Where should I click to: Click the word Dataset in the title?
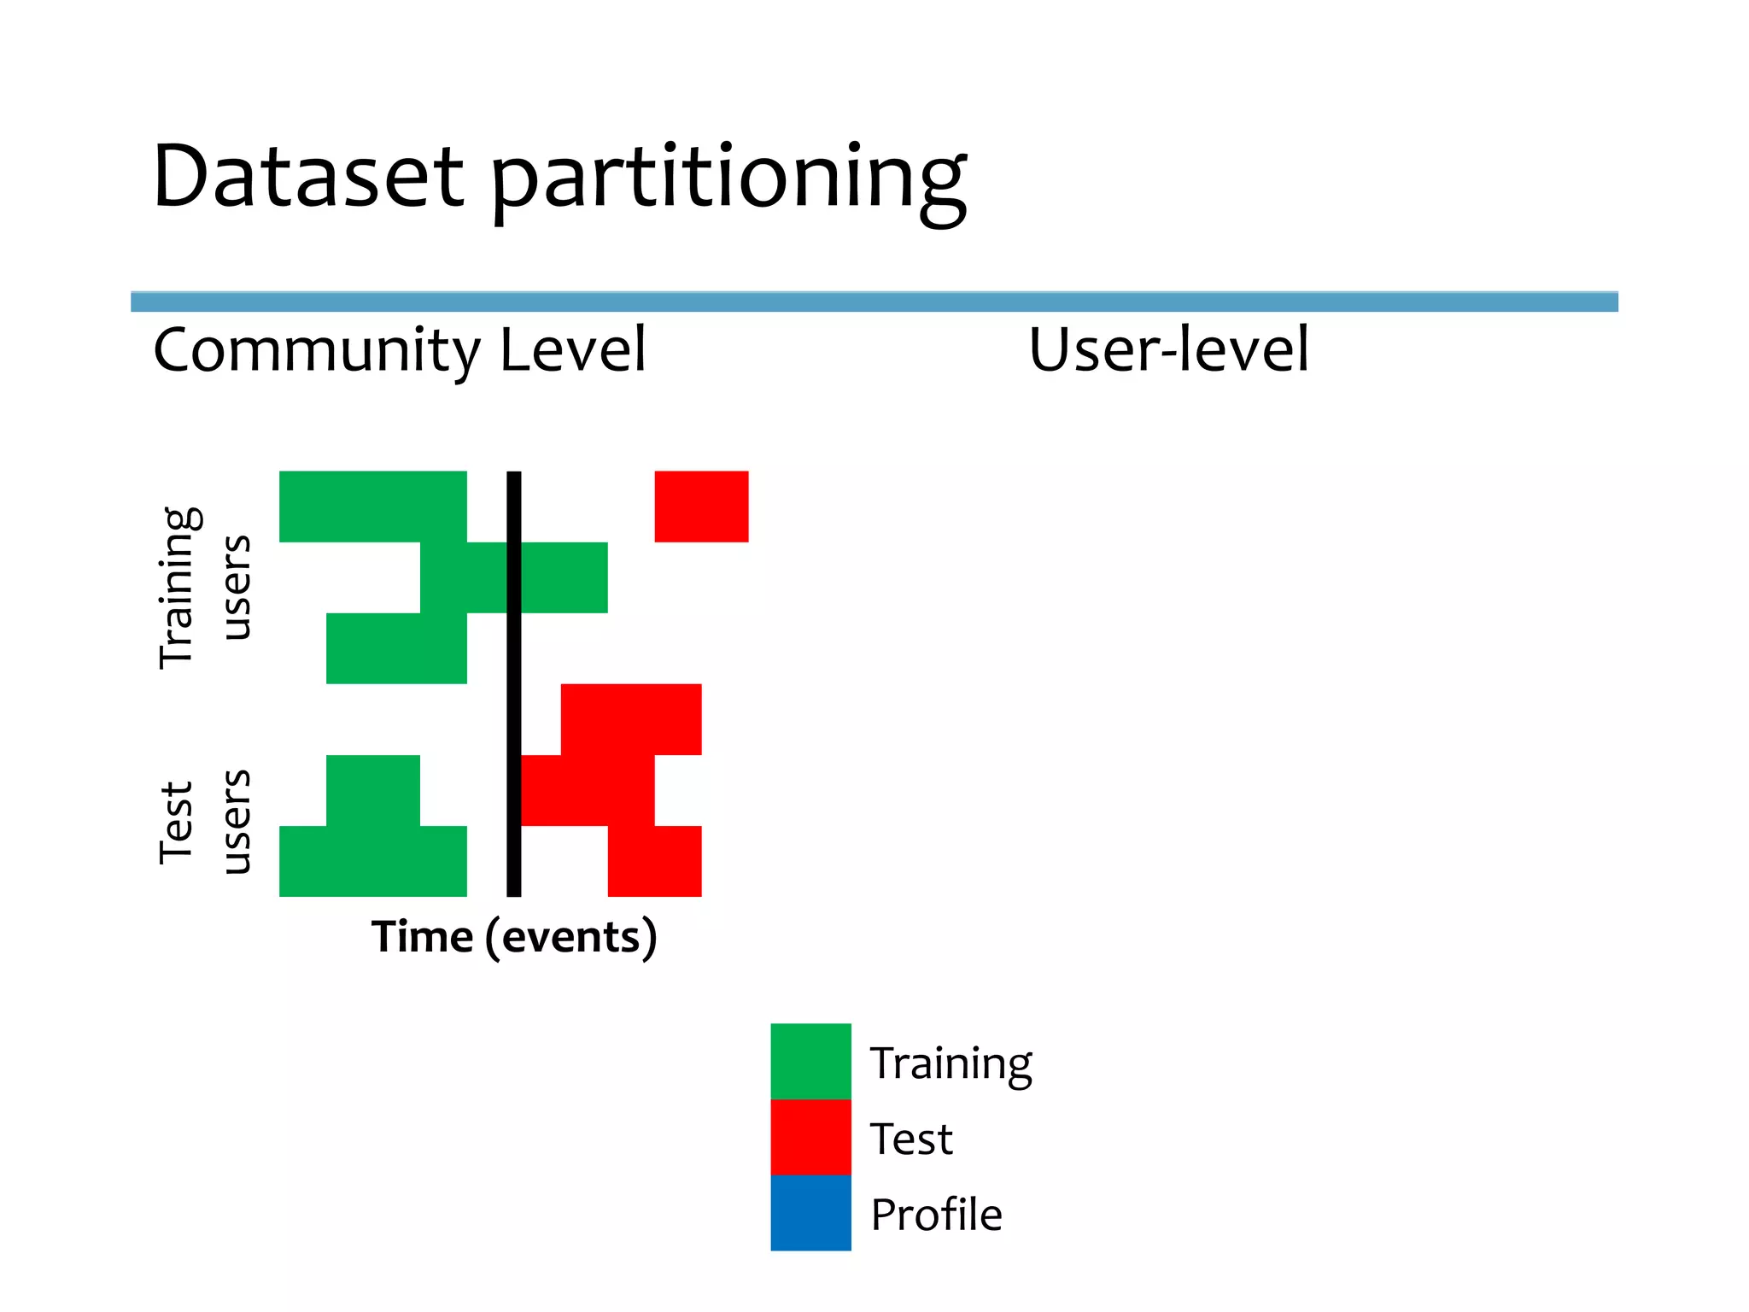307,177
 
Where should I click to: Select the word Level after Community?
573,349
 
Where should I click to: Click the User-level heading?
1167,349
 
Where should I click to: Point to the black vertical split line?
513,683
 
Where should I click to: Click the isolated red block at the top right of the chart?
701,506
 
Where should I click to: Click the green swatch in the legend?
810,1061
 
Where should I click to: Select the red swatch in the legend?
810,1137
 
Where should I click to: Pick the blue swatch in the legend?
810,1213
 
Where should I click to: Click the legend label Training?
951,1064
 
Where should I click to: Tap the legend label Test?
910,1139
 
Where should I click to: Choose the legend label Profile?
936,1214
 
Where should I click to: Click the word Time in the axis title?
422,937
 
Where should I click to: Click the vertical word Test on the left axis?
177,822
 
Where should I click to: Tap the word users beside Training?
236,588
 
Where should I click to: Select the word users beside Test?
236,822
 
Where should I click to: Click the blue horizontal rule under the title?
874,302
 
